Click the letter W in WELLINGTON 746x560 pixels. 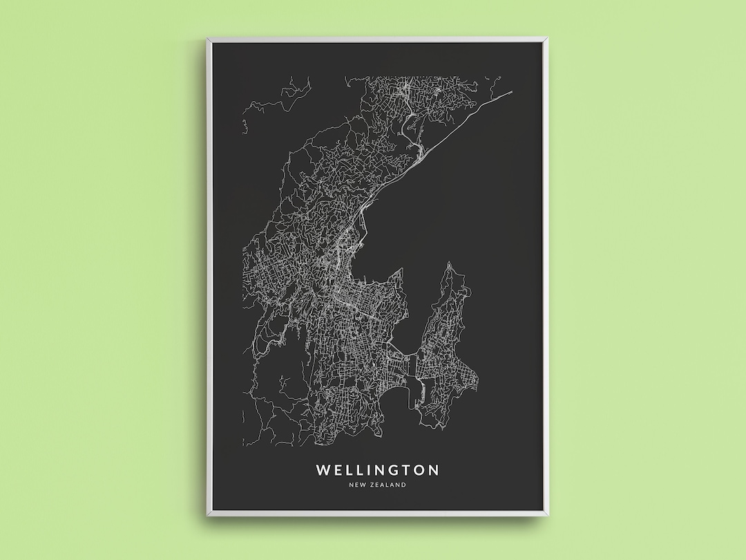point(323,470)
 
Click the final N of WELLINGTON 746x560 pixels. point(433,470)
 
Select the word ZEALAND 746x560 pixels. point(388,485)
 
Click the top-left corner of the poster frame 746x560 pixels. point(207,39)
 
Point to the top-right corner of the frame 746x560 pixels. point(546,39)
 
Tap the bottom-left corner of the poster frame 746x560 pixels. point(207,514)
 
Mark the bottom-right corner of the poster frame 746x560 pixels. point(546,514)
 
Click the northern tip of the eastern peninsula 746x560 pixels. point(449,263)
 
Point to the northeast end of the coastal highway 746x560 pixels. point(512,91)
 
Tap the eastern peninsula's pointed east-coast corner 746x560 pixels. point(479,378)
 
